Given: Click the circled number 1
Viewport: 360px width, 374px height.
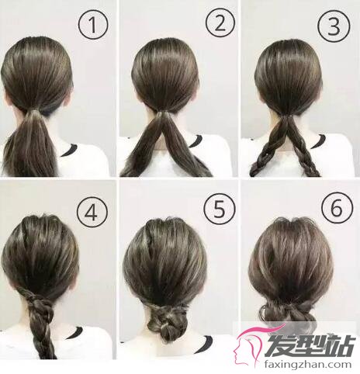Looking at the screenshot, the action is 93,25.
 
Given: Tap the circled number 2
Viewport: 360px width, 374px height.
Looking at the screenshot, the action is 220,23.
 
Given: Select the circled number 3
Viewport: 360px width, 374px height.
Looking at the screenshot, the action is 334,26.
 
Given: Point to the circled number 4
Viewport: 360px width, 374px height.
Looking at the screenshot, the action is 92,213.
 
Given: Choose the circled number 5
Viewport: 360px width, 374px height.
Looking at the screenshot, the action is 220,209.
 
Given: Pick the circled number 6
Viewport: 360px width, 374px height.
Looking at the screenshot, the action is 337,208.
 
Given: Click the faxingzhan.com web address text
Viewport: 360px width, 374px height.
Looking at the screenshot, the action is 308,365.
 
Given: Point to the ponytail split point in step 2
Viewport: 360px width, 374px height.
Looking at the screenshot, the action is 164,113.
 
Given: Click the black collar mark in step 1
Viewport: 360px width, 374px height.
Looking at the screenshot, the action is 69,151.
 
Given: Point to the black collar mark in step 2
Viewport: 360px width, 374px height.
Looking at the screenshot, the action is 196,141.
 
